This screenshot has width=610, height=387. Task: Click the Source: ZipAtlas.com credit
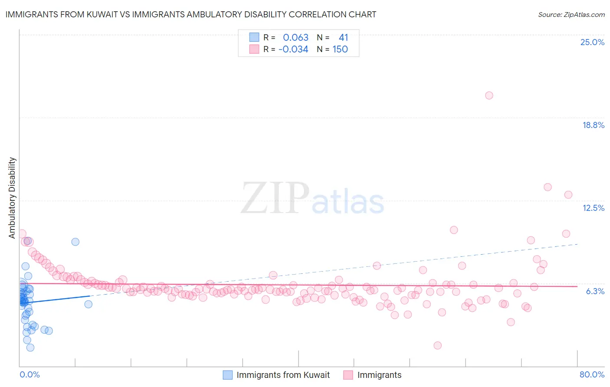571,14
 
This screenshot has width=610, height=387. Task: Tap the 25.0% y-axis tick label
592,42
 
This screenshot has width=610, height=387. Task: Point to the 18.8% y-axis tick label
593,125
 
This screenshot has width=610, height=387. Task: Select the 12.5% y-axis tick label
593,208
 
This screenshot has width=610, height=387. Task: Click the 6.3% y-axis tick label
595,291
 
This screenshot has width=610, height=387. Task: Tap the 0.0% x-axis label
30,374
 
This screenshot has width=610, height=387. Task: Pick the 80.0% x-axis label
592,374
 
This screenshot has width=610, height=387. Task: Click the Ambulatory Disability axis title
12,197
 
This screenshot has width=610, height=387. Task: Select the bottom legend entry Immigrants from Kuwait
283,375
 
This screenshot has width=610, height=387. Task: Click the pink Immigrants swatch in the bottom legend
348,375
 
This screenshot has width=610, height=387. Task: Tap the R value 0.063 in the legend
295,38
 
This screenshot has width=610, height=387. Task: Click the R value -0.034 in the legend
293,49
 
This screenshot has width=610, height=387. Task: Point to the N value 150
340,49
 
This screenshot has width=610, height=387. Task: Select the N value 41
343,38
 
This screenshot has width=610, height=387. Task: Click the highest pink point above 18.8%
489,95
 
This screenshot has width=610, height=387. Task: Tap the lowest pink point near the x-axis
437,345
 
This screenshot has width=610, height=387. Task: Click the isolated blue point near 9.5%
75,242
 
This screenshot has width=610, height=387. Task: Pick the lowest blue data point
30,348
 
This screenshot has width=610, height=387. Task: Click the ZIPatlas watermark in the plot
312,198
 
